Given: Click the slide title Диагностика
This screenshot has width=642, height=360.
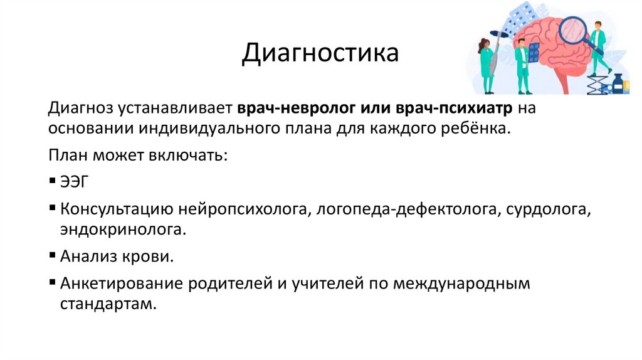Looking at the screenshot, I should coord(320,53).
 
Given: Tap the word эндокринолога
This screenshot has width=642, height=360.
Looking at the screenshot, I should coord(124,229).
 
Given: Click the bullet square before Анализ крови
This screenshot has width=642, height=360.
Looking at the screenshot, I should coord(52,257).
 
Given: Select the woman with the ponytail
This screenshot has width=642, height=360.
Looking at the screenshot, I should coord(486,65).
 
